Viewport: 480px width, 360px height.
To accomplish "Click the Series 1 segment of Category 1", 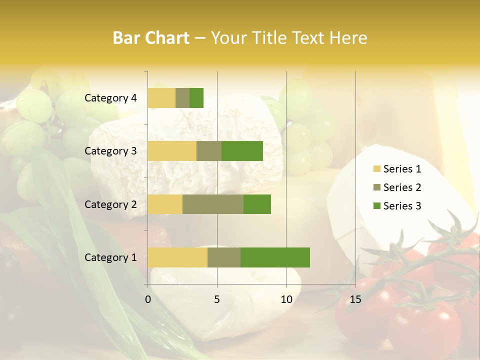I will click(177, 257).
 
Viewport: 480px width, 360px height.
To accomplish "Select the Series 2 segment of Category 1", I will click(224, 257).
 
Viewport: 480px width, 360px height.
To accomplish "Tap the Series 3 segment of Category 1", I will click(275, 257).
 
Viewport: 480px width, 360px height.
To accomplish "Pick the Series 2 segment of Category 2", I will click(213, 204).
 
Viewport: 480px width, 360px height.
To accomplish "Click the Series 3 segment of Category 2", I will click(257, 204).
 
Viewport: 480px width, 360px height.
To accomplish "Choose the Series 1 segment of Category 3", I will click(172, 151).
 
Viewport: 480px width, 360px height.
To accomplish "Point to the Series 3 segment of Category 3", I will click(242, 151).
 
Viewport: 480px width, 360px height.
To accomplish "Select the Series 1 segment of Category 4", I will click(161, 98).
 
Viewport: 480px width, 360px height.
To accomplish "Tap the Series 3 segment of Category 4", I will click(196, 98).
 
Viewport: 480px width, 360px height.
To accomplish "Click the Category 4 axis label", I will click(110, 98).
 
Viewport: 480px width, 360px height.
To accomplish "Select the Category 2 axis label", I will click(110, 204).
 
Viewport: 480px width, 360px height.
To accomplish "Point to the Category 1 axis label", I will click(110, 257).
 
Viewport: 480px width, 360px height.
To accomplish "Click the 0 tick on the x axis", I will click(148, 299).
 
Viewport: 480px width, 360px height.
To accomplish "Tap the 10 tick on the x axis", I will click(286, 299).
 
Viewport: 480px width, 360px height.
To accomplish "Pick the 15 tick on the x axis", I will click(355, 299).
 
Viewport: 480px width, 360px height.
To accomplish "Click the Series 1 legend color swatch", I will click(376, 169).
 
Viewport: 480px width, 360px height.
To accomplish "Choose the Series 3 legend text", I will click(402, 206).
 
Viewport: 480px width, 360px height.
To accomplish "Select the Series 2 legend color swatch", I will click(376, 187).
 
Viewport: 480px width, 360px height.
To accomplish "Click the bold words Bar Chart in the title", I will click(151, 38).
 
